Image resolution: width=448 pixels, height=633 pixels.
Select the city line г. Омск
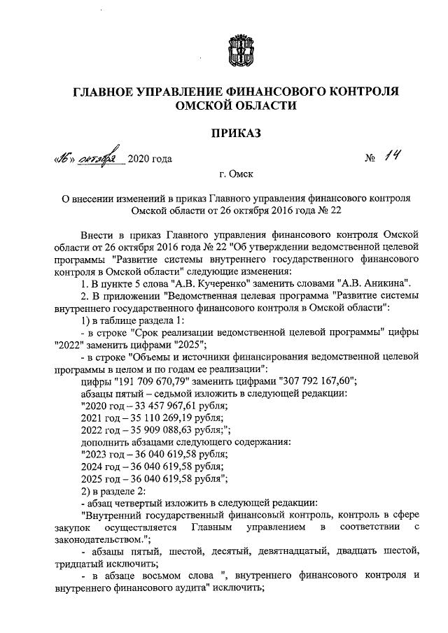tap(237, 174)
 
